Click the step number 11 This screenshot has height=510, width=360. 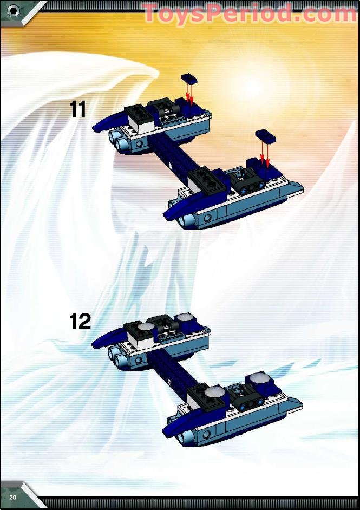(78, 109)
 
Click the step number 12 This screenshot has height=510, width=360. (80, 322)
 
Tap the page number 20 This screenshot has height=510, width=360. (13, 498)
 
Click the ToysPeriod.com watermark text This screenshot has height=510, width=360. (250, 14)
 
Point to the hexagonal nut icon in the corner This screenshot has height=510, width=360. (14, 11)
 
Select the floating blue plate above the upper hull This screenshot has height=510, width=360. (189, 78)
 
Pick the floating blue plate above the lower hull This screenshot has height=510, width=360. (266, 136)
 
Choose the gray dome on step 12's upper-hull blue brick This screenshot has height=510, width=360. (185, 317)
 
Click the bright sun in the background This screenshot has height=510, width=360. (253, 85)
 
